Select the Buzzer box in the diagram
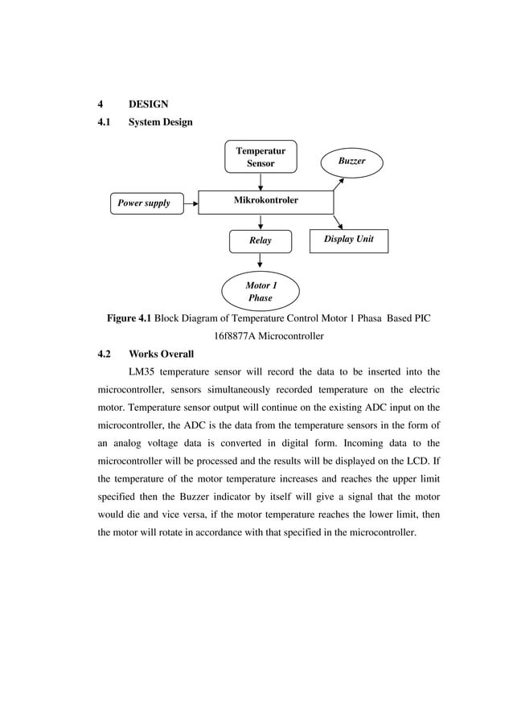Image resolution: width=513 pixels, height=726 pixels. point(351,162)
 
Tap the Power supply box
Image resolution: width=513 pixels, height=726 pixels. point(145,203)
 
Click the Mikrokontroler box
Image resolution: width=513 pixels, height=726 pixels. point(265,201)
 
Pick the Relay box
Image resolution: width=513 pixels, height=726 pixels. point(260,240)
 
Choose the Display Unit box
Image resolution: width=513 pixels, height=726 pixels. point(349,240)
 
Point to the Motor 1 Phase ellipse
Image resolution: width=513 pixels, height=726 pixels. point(260,291)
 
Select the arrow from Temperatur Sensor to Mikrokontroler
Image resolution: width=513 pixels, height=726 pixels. point(261,181)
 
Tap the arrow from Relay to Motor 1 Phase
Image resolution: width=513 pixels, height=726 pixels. point(260,261)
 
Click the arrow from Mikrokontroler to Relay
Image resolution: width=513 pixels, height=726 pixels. point(261,222)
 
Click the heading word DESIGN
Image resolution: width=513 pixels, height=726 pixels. point(148,104)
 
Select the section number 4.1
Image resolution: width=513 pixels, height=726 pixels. point(104,122)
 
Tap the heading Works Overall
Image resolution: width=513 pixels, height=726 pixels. point(161,354)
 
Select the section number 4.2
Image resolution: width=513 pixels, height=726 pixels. point(104,354)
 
